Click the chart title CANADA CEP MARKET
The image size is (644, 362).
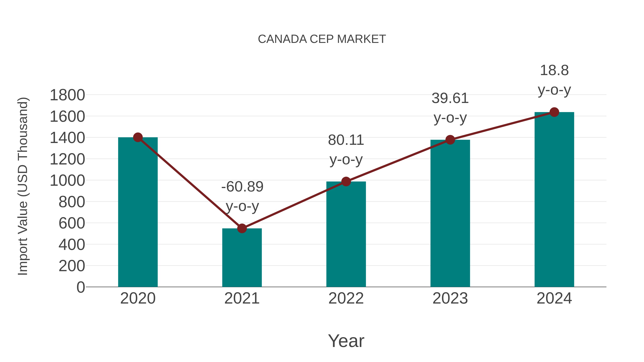click(x=322, y=39)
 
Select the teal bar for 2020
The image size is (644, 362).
click(x=138, y=212)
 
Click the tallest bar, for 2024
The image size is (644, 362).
click(x=554, y=200)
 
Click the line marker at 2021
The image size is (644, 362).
click(x=242, y=228)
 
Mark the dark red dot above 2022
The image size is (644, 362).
click(x=346, y=182)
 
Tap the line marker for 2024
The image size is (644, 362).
click(x=554, y=112)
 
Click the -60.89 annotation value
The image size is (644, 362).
click(x=242, y=187)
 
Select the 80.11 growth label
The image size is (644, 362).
click(x=346, y=140)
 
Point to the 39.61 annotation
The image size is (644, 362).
click(x=450, y=98)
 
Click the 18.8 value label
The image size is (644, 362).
click(x=554, y=70)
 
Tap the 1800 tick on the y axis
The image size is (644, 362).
click(x=67, y=95)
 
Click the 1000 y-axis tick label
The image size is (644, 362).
click(x=67, y=181)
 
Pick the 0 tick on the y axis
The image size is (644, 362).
click(x=80, y=287)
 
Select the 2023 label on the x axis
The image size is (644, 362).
click(x=450, y=298)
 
